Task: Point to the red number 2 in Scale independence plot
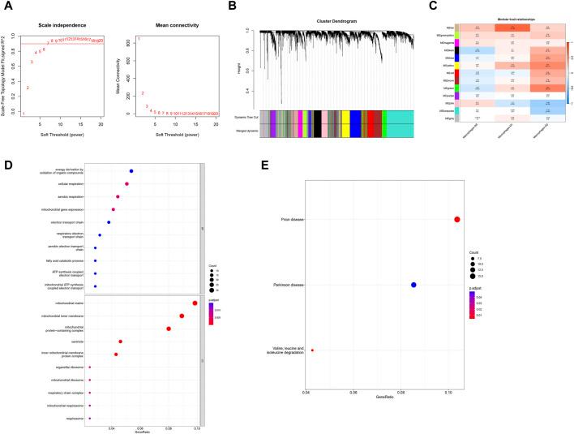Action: tap(28, 88)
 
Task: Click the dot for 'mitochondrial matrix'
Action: tap(195, 303)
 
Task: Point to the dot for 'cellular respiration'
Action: tap(126, 184)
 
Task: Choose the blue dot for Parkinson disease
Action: tap(413, 285)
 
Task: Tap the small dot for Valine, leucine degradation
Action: tap(312, 350)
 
